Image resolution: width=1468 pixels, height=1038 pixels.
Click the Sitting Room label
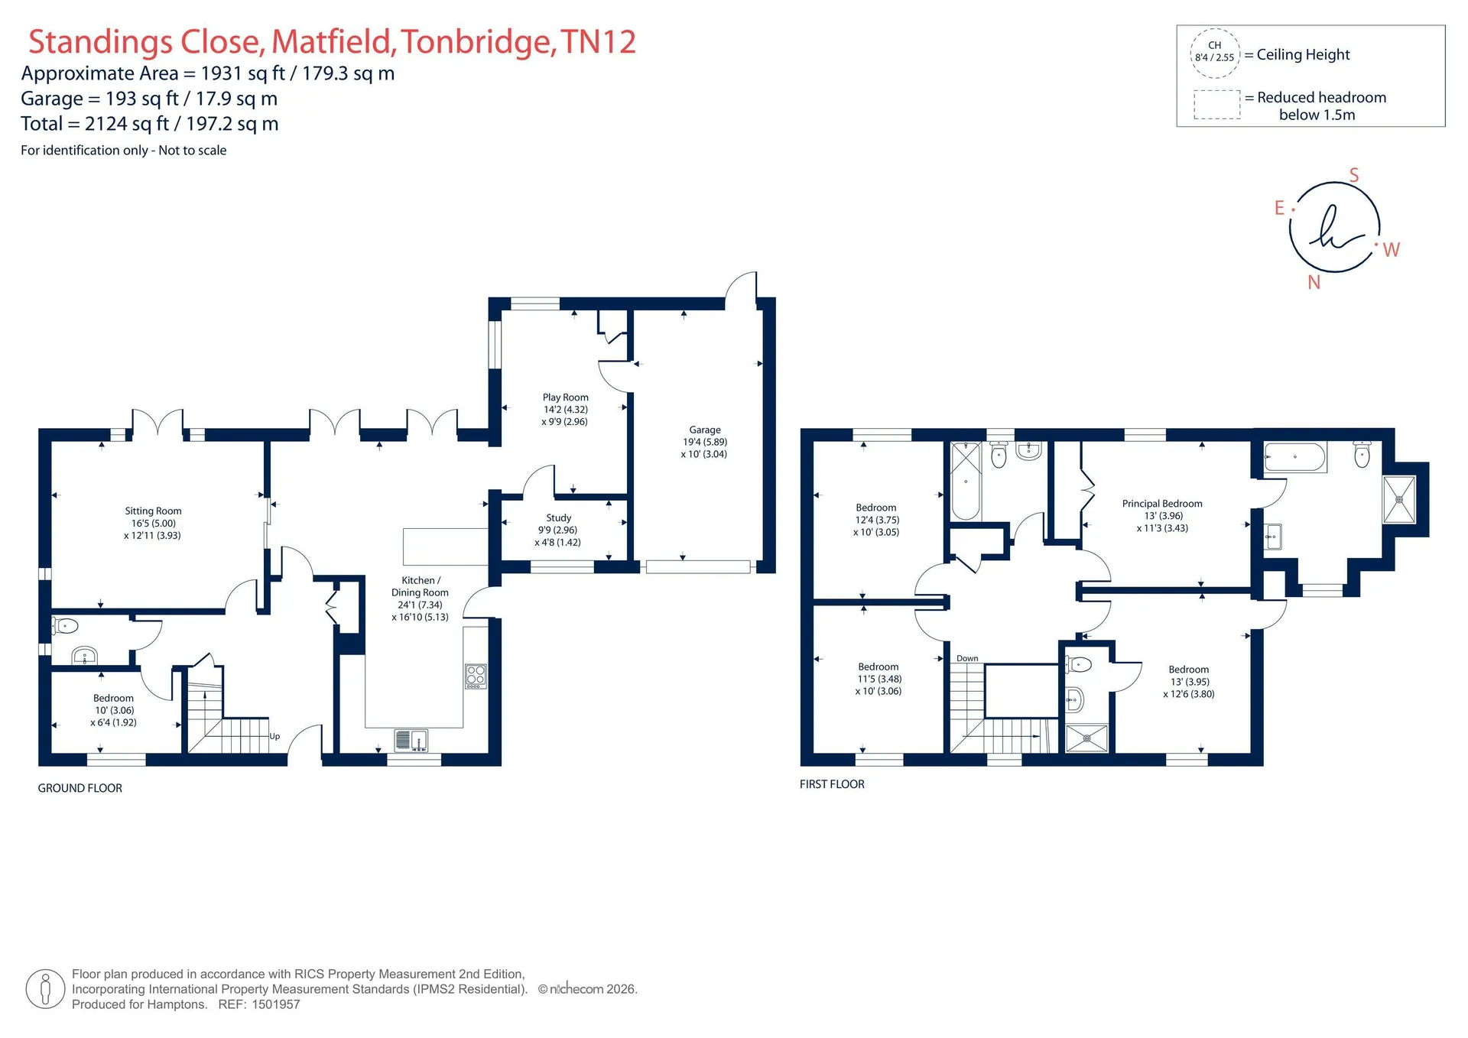tap(153, 511)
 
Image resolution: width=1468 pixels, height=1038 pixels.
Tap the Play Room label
tap(566, 397)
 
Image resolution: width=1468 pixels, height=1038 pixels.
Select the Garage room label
tap(705, 430)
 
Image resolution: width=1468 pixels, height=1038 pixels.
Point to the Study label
tap(559, 518)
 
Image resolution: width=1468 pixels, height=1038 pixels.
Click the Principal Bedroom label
tap(1162, 504)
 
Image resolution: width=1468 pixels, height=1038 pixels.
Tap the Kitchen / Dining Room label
tap(420, 586)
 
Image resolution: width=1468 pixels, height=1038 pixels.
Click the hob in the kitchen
tap(476, 676)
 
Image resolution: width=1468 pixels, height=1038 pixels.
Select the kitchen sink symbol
tap(411, 740)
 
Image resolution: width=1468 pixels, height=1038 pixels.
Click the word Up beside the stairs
tap(274, 736)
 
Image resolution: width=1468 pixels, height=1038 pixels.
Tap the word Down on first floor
tap(967, 658)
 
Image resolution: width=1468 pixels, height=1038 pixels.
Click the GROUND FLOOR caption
tap(80, 788)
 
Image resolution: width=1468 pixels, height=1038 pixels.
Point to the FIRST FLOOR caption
tap(832, 784)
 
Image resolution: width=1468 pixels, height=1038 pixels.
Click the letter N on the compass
tap(1314, 283)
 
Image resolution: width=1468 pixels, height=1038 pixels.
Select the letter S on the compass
tap(1354, 175)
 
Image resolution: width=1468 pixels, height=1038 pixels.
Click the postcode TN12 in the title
tap(598, 42)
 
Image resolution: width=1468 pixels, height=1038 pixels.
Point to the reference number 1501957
tap(276, 1004)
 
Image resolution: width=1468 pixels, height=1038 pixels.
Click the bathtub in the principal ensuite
tap(1295, 457)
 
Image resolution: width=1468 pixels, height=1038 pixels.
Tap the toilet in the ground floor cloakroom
tap(65, 627)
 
